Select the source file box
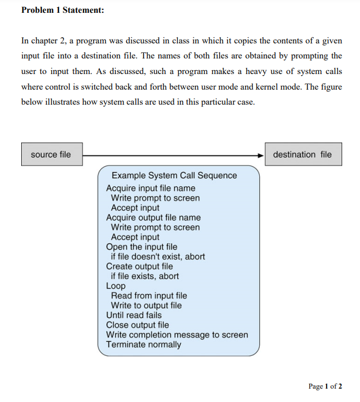point(51,154)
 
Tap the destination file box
point(303,154)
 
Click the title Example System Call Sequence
point(174,175)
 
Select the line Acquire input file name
point(150,188)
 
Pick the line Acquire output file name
point(153,217)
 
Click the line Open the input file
point(142,247)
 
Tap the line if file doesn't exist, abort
point(158,257)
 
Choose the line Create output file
point(139,266)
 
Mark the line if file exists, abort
point(145,276)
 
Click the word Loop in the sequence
point(116,286)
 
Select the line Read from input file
point(149,296)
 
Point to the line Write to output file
point(146,305)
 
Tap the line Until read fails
point(134,315)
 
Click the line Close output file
point(137,325)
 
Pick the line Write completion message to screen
point(177,335)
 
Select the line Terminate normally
point(143,344)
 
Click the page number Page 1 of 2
point(325,386)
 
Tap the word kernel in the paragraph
point(278,87)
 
